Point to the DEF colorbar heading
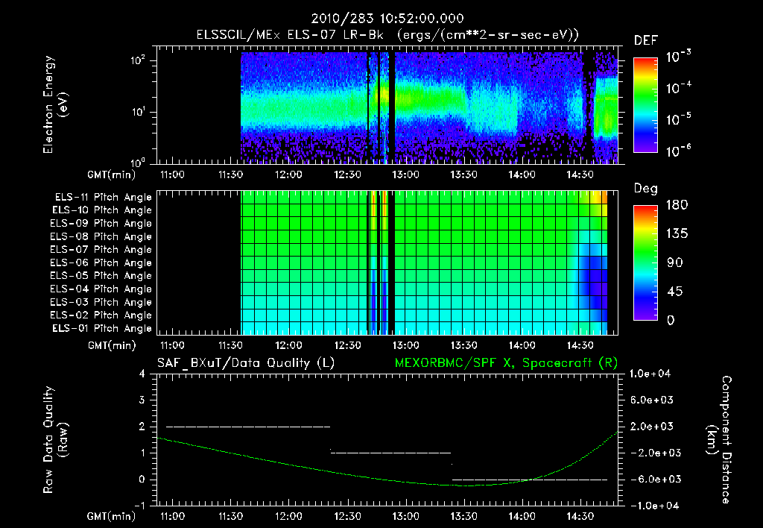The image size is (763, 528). [x=645, y=40]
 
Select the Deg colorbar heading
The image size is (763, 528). [x=645, y=189]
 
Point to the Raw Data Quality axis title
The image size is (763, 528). [x=55, y=440]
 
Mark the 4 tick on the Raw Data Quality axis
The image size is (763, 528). [x=142, y=374]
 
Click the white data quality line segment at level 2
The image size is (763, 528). [x=247, y=427]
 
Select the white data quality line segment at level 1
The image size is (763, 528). [x=390, y=453]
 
